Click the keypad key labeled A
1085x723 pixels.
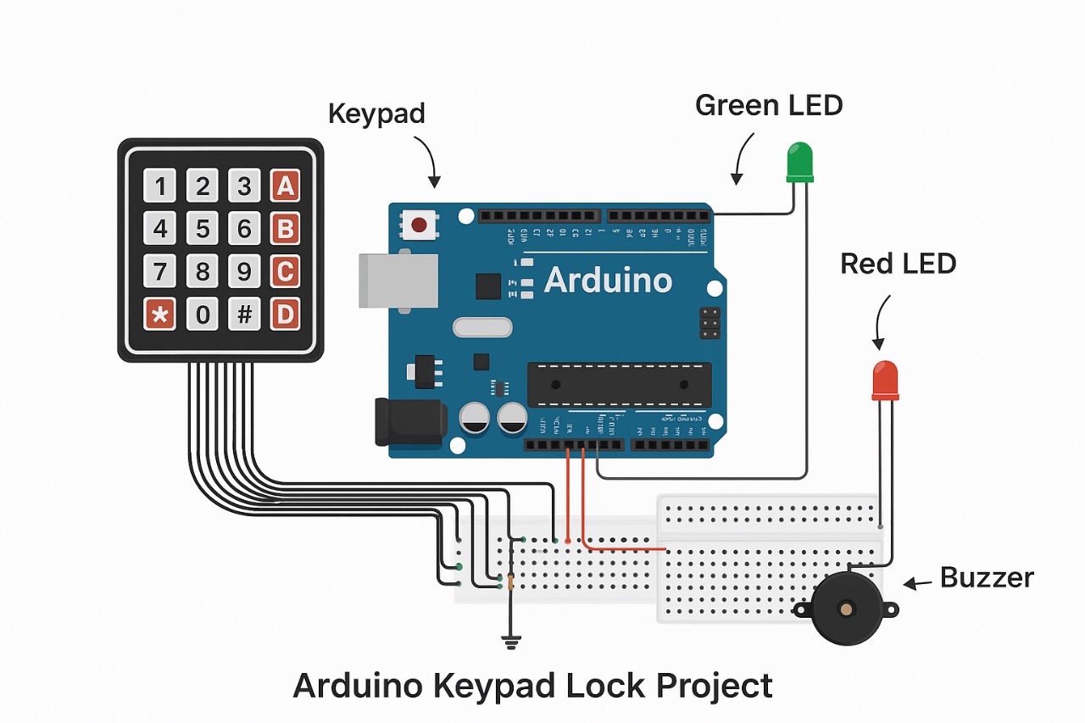[x=286, y=186]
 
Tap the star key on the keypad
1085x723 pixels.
[x=159, y=314]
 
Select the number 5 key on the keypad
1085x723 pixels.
[x=202, y=229]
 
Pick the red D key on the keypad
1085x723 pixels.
[x=286, y=314]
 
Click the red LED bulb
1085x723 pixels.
[x=885, y=380]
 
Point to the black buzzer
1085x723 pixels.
[x=845, y=608]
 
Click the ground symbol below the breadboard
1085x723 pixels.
[x=510, y=643]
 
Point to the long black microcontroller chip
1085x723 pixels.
[x=619, y=384]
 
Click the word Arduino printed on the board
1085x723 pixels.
[x=608, y=281]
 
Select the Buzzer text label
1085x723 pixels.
[x=987, y=578]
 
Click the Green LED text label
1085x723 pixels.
[x=769, y=105]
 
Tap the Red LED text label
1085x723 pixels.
[x=898, y=264]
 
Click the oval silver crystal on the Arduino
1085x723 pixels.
[x=482, y=327]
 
